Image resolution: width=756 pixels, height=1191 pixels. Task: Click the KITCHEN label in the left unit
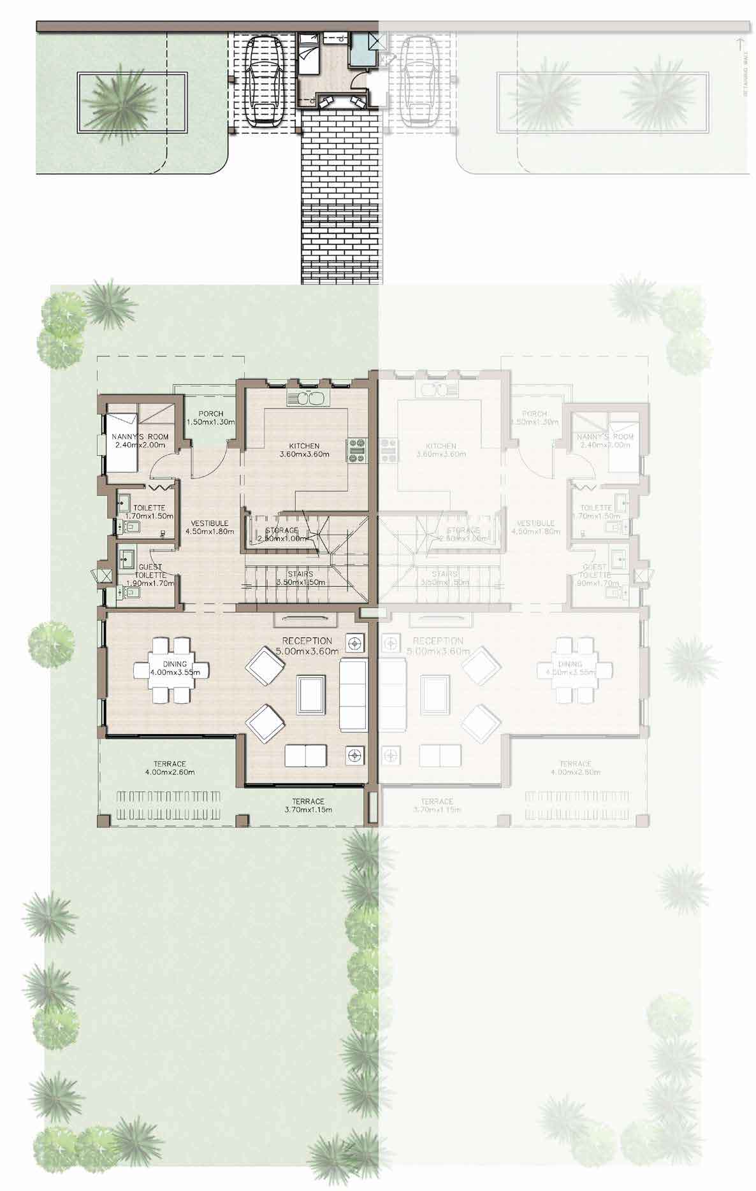pos(303,446)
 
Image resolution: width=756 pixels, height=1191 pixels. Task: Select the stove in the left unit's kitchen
pos(355,450)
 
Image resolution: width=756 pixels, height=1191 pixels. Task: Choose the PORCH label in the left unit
pos(210,414)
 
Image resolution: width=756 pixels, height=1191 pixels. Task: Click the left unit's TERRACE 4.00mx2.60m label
pos(170,764)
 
